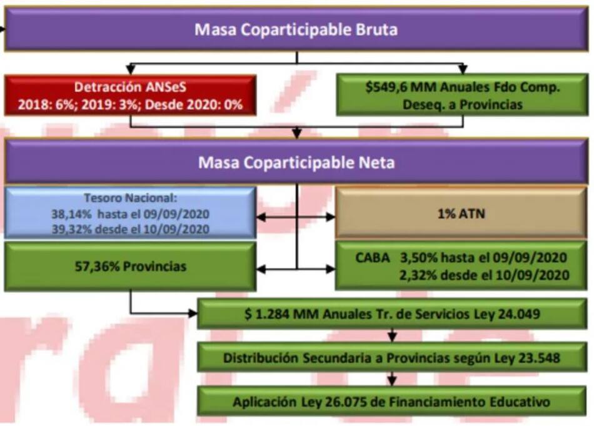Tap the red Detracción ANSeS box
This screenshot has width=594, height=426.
[x=130, y=96]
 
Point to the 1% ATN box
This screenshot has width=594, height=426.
[x=460, y=213]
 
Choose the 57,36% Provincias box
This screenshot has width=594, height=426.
[x=130, y=266]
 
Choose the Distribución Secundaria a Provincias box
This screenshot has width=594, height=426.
[x=391, y=358]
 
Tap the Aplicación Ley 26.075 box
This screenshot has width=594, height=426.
[x=391, y=401]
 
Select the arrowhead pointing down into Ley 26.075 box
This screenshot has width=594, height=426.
[x=392, y=382]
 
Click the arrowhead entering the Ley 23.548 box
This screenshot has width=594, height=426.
[x=392, y=338]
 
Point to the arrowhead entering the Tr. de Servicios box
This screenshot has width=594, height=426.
[x=193, y=313]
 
